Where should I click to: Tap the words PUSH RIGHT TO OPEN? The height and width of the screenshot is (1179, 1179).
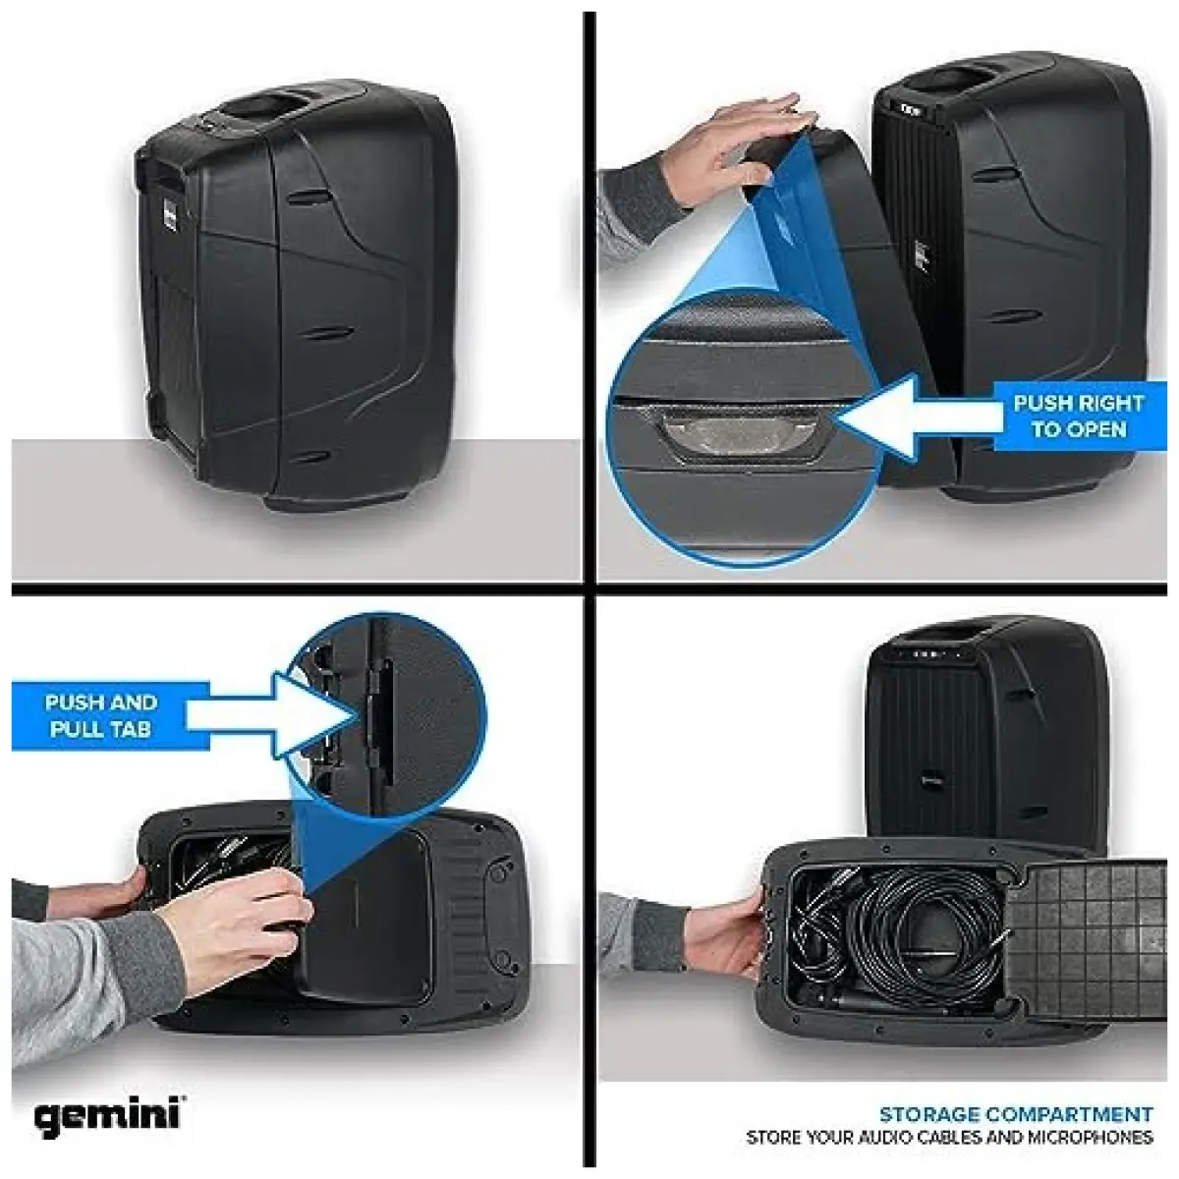pyautogui.click(x=1078, y=417)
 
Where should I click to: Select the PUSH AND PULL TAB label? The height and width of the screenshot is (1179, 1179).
pyautogui.click(x=101, y=715)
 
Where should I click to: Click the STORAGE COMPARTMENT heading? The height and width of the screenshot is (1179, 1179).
pyautogui.click(x=1015, y=1114)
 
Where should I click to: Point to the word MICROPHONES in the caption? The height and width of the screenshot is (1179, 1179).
pyautogui.click(x=1090, y=1138)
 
